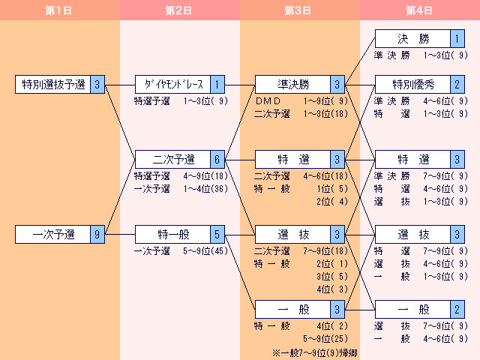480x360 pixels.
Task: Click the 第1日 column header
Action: (x=60, y=10)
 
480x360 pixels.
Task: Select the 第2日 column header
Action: (x=180, y=10)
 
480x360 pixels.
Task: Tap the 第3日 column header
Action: (x=300, y=10)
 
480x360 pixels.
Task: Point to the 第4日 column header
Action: (x=420, y=10)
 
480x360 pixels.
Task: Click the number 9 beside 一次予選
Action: (x=97, y=235)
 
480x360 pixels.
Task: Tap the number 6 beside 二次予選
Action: (x=217, y=160)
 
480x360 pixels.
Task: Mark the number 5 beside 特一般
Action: (x=217, y=235)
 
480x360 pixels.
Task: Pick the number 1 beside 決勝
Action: (x=457, y=39)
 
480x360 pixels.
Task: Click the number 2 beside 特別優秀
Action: (x=457, y=85)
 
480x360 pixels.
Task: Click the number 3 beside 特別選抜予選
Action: (x=97, y=85)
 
